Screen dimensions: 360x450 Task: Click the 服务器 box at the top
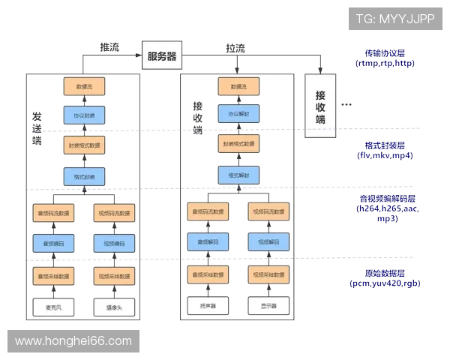[162, 56]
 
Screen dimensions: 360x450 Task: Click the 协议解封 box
[238, 114]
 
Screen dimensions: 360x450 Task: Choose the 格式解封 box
[238, 175]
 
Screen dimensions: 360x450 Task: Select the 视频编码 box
[115, 244]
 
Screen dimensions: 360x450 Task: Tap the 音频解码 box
[207, 243]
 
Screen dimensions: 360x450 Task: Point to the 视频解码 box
[268, 243]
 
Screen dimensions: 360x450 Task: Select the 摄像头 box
[115, 307]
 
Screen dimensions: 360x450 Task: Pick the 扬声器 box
[207, 306]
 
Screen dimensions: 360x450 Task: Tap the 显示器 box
[268, 306]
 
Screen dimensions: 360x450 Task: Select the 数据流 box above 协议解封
[238, 86]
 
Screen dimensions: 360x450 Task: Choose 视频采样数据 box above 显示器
[268, 275]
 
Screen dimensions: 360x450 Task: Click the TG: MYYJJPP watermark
[395, 18]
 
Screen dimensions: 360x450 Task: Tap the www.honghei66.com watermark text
[73, 341]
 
